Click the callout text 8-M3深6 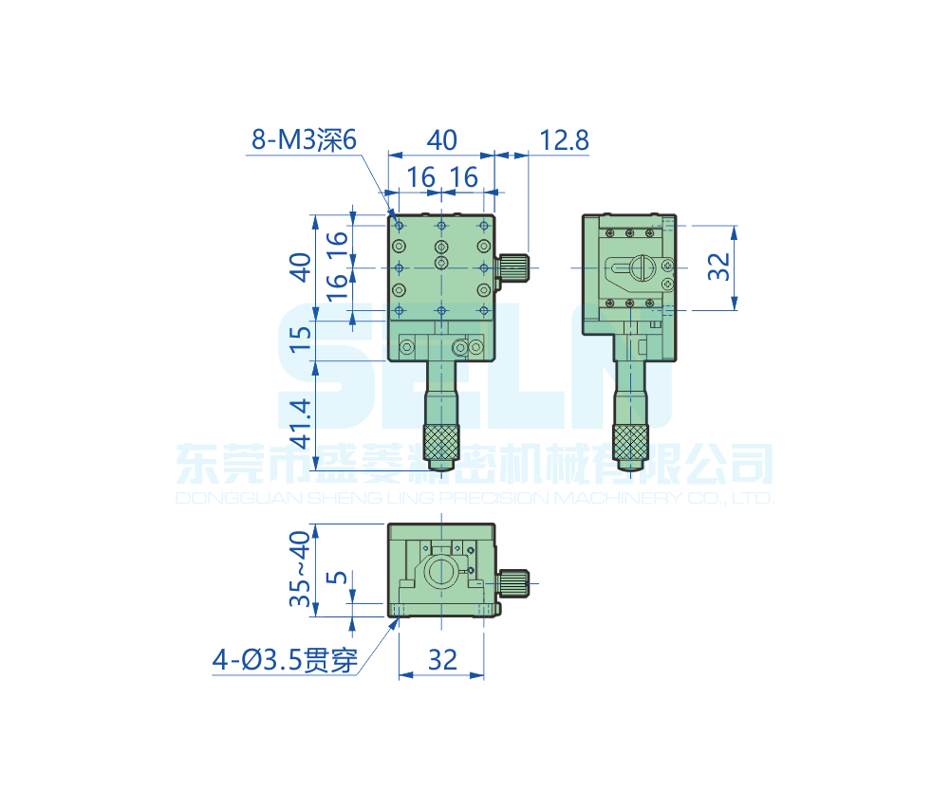coord(303,140)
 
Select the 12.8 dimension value coord(564,140)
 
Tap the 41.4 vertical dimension coord(301,423)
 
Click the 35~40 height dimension coord(301,569)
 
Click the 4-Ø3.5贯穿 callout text coord(286,660)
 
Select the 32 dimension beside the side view coord(718,267)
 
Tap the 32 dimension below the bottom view coord(442,660)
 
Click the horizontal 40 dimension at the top coord(440,140)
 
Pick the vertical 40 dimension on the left coord(301,267)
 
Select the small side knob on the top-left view coord(513,267)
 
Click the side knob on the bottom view coord(513,583)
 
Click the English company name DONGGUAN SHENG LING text coord(475,498)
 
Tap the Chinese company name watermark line coord(475,466)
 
